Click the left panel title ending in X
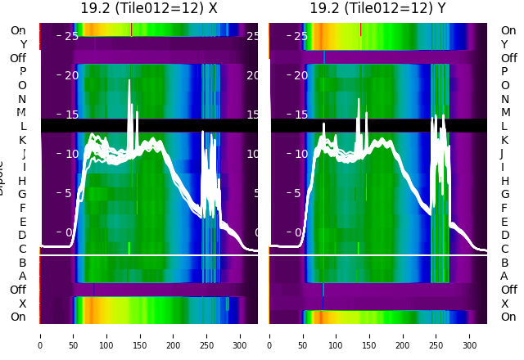(148, 8)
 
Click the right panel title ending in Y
(377, 8)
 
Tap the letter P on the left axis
(22, 72)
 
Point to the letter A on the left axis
(22, 277)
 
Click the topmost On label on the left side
(18, 31)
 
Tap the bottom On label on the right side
(508, 317)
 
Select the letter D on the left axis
(22, 236)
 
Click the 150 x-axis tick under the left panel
(140, 335)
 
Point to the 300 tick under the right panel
(470, 335)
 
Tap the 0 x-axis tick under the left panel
(40, 335)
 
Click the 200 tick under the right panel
(403, 335)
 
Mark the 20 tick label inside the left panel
(71, 75)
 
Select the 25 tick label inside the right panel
(300, 36)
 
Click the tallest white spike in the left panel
(129, 82)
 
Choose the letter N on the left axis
(22, 99)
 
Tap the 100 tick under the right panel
(336, 335)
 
